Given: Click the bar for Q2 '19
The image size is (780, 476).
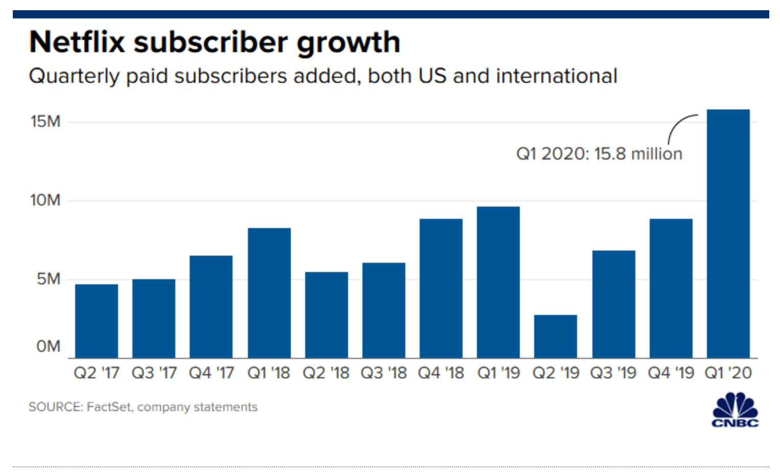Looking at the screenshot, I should pos(556,336).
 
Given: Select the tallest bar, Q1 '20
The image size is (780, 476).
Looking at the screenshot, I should pos(728,234).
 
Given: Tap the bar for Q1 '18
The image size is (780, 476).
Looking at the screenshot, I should pos(269,293).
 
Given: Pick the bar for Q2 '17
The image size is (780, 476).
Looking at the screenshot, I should pos(97,321).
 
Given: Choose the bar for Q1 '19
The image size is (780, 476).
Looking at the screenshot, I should pos(498,282).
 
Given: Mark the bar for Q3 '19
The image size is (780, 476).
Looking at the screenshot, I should pos(613,304).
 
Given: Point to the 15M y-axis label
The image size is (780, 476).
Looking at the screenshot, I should pos(45,122).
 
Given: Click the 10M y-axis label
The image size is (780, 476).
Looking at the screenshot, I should pos(45,200).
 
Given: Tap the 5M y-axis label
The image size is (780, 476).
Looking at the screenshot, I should pos(49,279).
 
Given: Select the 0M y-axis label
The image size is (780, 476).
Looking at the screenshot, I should pos(48,347).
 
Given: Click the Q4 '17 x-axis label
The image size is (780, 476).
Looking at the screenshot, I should pos(211,373).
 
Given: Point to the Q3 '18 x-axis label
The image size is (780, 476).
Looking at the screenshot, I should pos(383,373).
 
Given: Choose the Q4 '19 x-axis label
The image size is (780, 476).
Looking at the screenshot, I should pos(671,373).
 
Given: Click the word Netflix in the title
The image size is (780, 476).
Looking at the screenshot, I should pos(77,42).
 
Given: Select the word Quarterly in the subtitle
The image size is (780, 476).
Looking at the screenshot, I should pos(74,77).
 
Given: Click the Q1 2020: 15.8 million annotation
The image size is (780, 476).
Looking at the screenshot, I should pos(599,154).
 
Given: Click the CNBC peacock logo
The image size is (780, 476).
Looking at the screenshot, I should pos(735,410).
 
